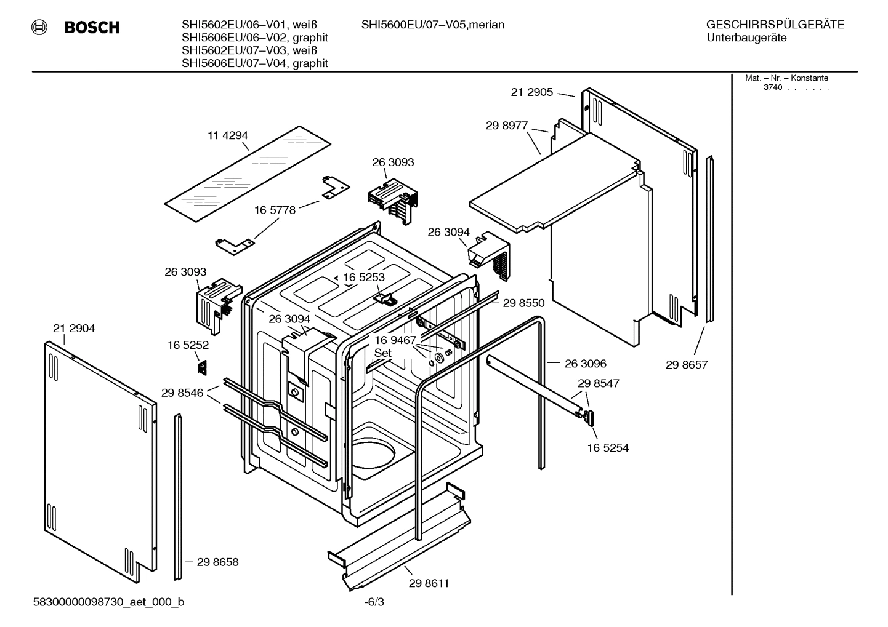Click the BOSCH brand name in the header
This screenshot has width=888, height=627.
[92, 28]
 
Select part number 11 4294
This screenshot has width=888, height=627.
[228, 135]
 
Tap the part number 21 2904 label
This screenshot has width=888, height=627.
[74, 329]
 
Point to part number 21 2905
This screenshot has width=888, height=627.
[532, 92]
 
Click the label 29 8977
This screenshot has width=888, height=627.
[507, 126]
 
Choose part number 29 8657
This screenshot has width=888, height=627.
[687, 364]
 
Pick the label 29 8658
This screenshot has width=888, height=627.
[217, 562]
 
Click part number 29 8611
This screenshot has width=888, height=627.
[429, 583]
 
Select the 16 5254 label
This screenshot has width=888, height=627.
[608, 448]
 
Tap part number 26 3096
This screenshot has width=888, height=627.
[586, 364]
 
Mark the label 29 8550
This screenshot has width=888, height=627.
[523, 303]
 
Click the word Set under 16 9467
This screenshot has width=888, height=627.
[382, 353]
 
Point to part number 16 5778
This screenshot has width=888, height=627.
[275, 210]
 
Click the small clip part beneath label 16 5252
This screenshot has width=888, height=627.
[201, 367]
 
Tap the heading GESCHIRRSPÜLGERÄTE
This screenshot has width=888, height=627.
[775, 25]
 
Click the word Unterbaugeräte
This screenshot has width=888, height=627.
[746, 38]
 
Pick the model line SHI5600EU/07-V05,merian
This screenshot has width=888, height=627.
[432, 25]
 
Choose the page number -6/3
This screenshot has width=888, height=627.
[374, 602]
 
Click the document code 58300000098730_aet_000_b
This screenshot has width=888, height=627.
[108, 602]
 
